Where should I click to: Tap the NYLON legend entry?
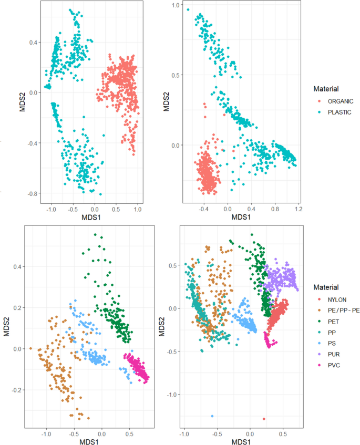click(x=326, y=299)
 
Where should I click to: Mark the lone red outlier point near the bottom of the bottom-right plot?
click(x=264, y=419)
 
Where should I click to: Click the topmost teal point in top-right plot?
click(x=188, y=9)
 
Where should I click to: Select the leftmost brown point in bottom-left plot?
click(x=30, y=348)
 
